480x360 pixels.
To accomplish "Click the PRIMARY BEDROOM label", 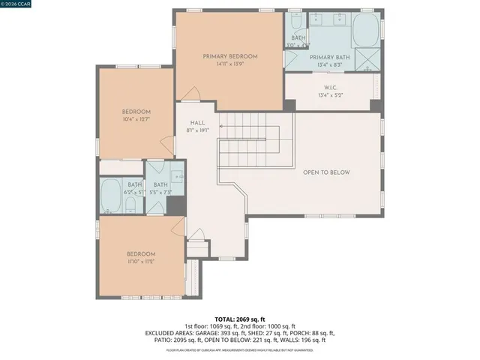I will pyautogui.click(x=229, y=56).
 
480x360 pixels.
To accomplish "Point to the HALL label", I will pyautogui.click(x=197, y=123).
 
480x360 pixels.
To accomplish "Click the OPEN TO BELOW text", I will pyautogui.click(x=326, y=172).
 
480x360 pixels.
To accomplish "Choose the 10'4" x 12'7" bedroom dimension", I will pyautogui.click(x=136, y=118).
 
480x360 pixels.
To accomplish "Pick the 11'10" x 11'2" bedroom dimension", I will pyautogui.click(x=140, y=262).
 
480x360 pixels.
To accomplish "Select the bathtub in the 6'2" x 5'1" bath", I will pyautogui.click(x=112, y=196).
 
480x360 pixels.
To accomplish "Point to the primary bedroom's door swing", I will pyautogui.click(x=191, y=95).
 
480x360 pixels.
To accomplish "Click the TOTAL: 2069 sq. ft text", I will pyautogui.click(x=240, y=319).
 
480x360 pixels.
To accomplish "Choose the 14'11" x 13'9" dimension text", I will pyautogui.click(x=229, y=64).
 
